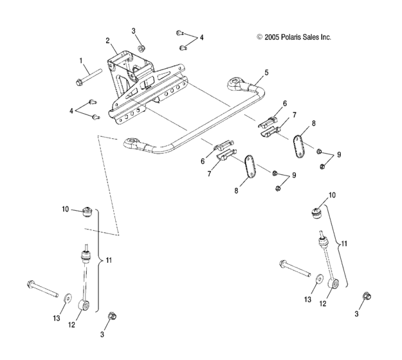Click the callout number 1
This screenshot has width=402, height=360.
[82, 60]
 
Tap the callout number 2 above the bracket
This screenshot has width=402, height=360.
[107, 40]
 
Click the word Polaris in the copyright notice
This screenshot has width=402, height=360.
[291, 37]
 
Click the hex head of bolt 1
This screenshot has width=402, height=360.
[78, 82]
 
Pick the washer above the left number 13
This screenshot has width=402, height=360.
[68, 296]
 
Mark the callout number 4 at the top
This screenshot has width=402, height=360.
[201, 38]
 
